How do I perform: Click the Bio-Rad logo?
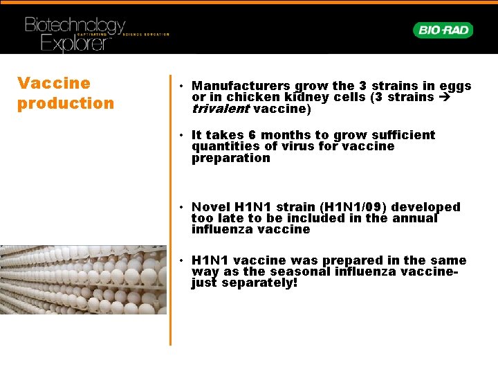coord(443,30)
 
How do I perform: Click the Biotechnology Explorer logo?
coord(76,34)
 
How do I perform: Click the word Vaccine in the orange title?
coord(54,84)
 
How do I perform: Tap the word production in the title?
coord(66,104)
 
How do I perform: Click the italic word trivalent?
coord(221,109)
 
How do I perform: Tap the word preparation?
coord(231,158)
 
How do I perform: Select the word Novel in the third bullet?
coord(211,207)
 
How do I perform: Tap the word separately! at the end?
coord(259,283)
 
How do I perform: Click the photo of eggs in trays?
coord(83,279)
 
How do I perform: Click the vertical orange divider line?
coord(170,208)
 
